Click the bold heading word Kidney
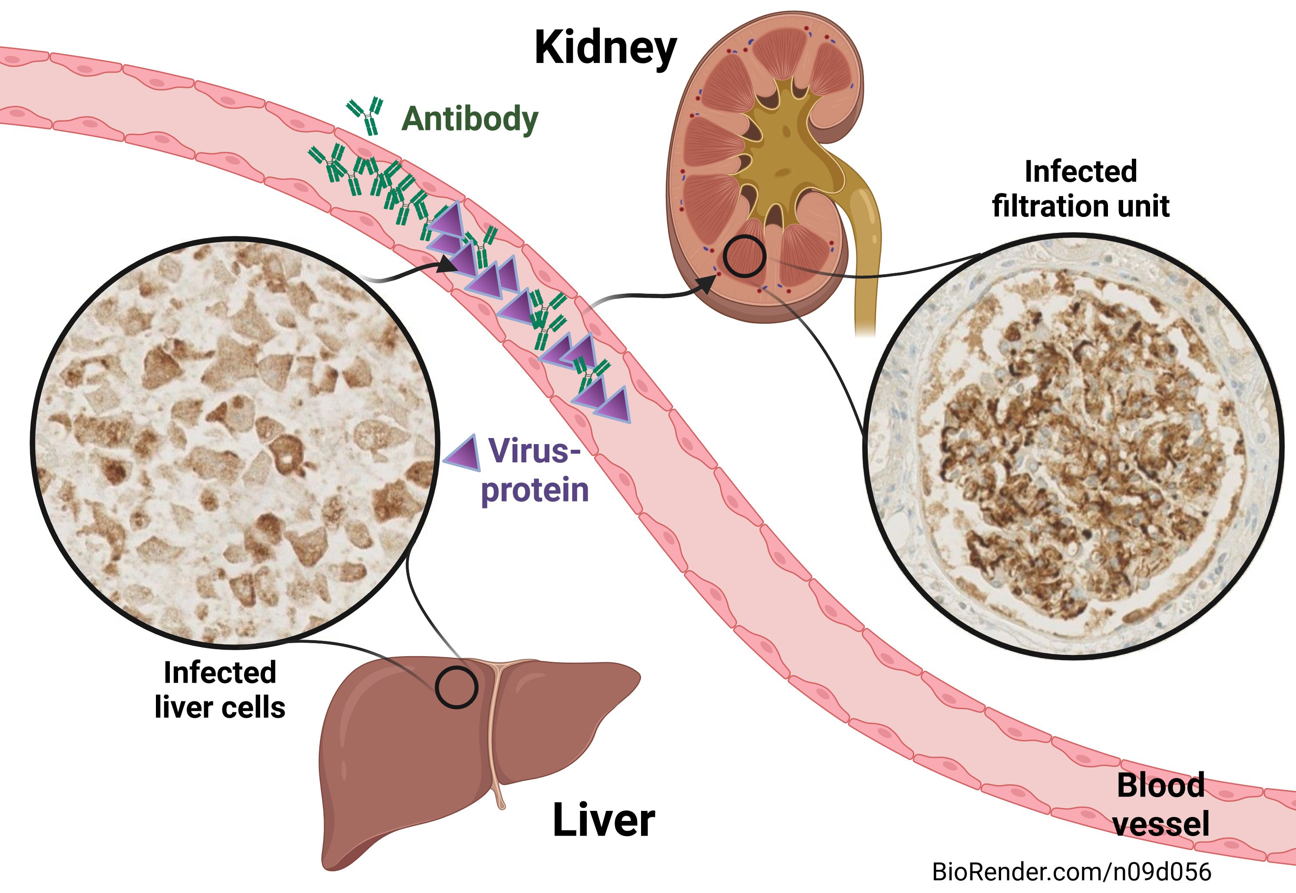click(x=605, y=49)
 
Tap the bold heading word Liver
click(x=604, y=820)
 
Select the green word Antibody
click(x=469, y=119)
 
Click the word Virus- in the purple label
click(x=535, y=451)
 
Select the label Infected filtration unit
click(x=1080, y=189)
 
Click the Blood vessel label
click(x=1160, y=805)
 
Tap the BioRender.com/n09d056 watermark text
click(x=1071, y=872)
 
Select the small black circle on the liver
click(x=456, y=687)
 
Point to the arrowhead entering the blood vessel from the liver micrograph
click(x=446, y=264)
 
